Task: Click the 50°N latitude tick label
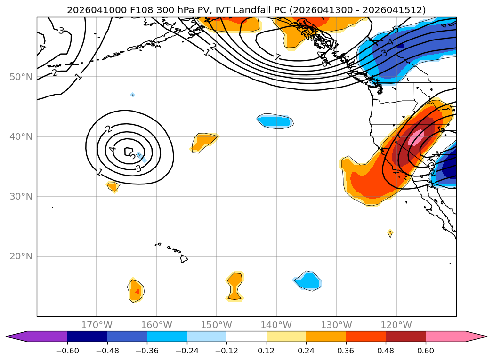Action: [20, 77]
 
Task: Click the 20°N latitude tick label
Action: [20, 256]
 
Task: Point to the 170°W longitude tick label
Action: [97, 325]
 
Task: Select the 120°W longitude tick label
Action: [396, 325]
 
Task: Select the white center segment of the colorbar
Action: [246, 336]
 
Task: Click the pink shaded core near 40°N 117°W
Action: [416, 138]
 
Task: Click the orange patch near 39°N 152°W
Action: [204, 141]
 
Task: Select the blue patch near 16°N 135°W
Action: [308, 280]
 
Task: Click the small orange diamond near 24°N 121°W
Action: [390, 233]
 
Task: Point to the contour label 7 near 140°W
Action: [277, 57]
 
